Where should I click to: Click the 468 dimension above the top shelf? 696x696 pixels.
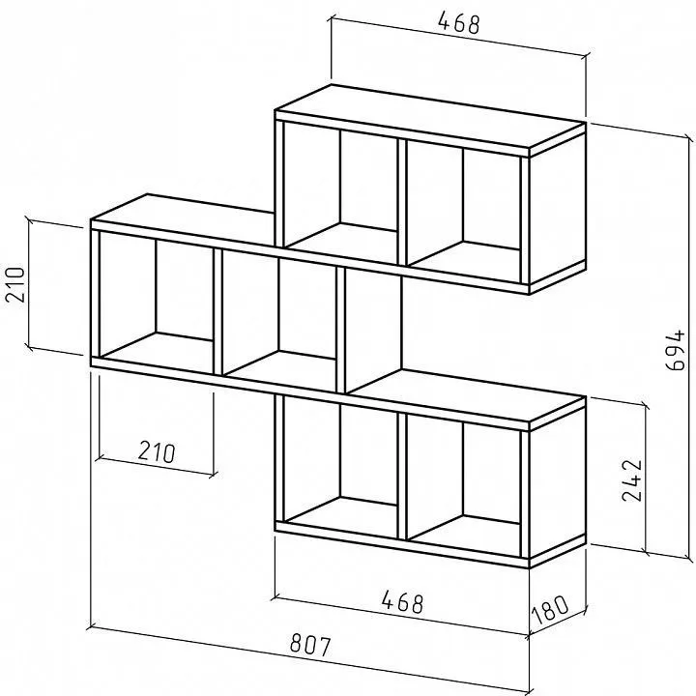click(459, 23)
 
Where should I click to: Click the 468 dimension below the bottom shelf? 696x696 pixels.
click(402, 602)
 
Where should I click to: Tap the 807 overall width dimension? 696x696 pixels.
click(310, 646)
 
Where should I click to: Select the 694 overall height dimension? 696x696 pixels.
click(676, 349)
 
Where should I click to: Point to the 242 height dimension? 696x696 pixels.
click(632, 480)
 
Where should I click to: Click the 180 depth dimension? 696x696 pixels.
click(550, 609)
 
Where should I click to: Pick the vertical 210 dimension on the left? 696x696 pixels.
click(14, 284)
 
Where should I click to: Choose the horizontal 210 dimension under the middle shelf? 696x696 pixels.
click(157, 451)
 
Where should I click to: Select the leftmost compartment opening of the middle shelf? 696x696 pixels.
click(156, 302)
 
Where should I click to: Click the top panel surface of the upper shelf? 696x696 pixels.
click(429, 115)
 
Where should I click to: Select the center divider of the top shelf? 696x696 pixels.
click(402, 202)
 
